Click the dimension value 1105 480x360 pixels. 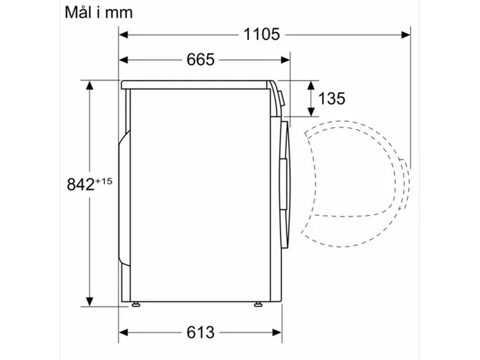pyautogui.click(x=262, y=34)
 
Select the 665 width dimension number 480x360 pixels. pyautogui.click(x=200, y=59)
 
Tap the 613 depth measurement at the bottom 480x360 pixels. pyautogui.click(x=200, y=332)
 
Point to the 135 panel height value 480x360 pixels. pyautogui.click(x=332, y=98)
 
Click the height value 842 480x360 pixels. pyautogui.click(x=80, y=185)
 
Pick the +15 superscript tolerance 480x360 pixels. pyautogui.click(x=104, y=181)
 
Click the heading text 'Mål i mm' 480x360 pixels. pyautogui.click(x=98, y=13)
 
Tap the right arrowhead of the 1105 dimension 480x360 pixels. pyautogui.click(x=406, y=35)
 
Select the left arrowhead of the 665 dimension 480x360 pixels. pyautogui.click(x=124, y=59)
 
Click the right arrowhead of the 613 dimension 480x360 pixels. pyautogui.click(x=277, y=332)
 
